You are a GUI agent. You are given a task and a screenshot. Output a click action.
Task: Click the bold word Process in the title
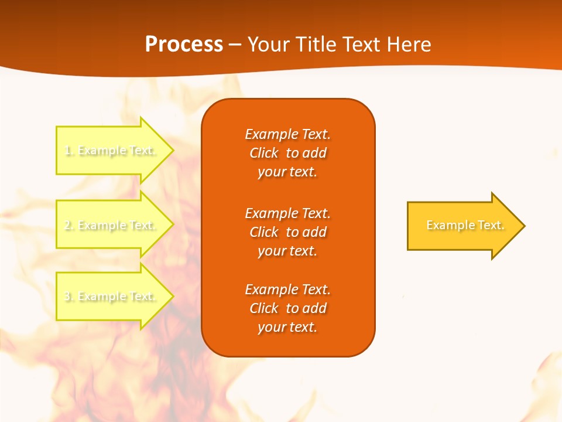(184, 45)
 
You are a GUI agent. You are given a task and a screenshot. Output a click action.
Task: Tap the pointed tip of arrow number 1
(172, 151)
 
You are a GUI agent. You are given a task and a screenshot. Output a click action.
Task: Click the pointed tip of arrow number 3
(172, 297)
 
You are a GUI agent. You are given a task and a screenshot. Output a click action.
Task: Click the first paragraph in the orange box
(287, 153)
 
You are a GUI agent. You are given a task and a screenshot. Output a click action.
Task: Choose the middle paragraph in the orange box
(287, 232)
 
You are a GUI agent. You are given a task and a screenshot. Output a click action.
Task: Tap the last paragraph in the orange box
(287, 308)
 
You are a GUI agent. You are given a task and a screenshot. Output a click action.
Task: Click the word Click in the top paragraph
(264, 153)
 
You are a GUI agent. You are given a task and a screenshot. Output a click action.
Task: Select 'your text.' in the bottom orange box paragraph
(287, 327)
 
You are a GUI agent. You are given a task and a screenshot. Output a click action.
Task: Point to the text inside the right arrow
(465, 225)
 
